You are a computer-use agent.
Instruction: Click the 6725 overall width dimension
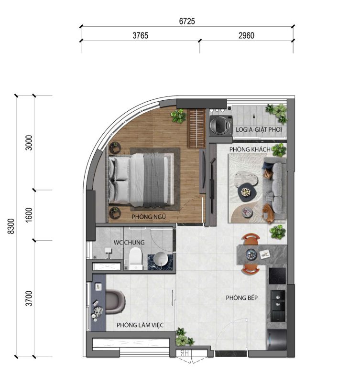click(187, 21)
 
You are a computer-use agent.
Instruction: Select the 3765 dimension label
click(140, 35)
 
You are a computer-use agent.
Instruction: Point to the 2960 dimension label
click(246, 35)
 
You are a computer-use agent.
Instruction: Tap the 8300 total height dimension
click(11, 226)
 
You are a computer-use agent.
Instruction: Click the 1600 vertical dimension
click(29, 215)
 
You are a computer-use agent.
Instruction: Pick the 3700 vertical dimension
click(29, 298)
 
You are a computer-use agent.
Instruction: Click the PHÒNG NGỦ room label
click(149, 217)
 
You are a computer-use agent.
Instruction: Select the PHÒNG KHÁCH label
click(250, 149)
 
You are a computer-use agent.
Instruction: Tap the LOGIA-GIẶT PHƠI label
click(259, 129)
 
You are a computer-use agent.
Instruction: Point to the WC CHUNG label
click(129, 243)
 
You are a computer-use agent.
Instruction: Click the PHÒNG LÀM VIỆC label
click(140, 325)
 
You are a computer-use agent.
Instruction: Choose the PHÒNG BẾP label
click(242, 297)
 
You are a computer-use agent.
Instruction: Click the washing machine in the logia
click(221, 125)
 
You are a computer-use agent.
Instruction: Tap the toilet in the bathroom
click(136, 258)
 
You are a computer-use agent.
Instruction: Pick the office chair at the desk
click(115, 302)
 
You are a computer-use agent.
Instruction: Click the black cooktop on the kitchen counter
click(277, 276)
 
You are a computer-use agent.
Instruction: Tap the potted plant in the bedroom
click(178, 116)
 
